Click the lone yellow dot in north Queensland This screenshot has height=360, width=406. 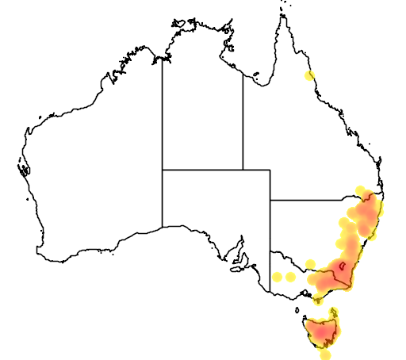[x=309, y=76]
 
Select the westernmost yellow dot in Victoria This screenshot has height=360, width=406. [x=277, y=278]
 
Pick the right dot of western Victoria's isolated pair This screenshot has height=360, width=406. [x=290, y=278]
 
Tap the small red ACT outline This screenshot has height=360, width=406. [x=342, y=266]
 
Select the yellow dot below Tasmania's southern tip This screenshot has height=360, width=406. [x=325, y=354]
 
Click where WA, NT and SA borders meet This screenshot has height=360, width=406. [x=163, y=169]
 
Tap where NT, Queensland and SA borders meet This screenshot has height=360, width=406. [x=243, y=169]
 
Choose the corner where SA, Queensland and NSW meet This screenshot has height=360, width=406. [x=270, y=200]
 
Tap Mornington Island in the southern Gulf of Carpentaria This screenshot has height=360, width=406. [x=255, y=77]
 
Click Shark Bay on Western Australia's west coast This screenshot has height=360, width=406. [x=23, y=169]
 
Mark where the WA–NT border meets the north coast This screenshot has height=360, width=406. [x=163, y=59]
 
